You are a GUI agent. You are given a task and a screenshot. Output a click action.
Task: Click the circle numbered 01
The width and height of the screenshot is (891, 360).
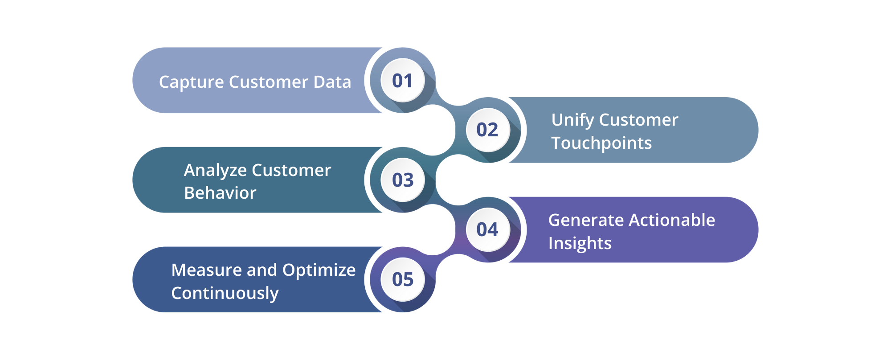pyautogui.click(x=402, y=81)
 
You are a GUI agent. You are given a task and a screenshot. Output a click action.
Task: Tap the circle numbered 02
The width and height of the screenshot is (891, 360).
pyautogui.click(x=487, y=130)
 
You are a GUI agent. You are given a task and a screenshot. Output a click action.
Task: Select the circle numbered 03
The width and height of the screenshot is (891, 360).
pyautogui.click(x=402, y=180)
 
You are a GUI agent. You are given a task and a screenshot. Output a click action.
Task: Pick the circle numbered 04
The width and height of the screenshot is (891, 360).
pyautogui.click(x=487, y=230)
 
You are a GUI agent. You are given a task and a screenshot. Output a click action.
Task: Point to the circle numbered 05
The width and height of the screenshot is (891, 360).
pyautogui.click(x=402, y=280)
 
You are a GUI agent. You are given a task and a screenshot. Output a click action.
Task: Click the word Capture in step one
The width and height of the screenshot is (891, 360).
pyautogui.click(x=191, y=82)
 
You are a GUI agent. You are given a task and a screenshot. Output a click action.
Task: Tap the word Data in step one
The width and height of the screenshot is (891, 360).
pyautogui.click(x=332, y=82)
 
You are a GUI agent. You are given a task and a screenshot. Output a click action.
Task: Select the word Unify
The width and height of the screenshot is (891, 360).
pyautogui.click(x=572, y=120)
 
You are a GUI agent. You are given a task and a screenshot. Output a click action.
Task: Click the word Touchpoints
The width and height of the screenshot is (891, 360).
pyautogui.click(x=601, y=143)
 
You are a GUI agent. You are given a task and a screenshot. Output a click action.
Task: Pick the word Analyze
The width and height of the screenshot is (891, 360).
pyautogui.click(x=216, y=171)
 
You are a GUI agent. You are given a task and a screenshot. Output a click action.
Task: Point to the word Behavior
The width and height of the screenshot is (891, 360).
pyautogui.click(x=220, y=193)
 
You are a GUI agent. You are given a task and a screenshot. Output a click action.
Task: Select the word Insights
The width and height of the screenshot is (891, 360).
pyautogui.click(x=580, y=244)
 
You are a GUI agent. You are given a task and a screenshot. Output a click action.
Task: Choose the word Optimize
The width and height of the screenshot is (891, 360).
pyautogui.click(x=319, y=270)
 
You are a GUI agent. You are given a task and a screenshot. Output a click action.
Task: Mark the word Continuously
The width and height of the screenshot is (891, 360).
pyautogui.click(x=225, y=294)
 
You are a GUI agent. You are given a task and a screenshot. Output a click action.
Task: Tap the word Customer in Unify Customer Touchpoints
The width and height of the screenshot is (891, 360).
pyautogui.click(x=638, y=120)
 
